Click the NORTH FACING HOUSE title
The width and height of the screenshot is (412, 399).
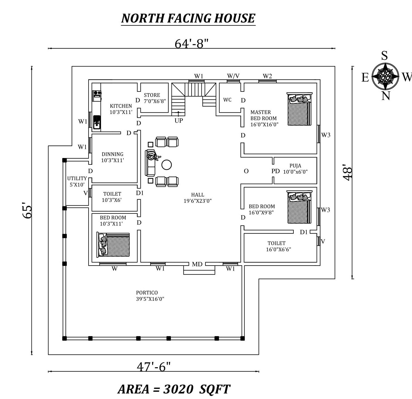(188, 18)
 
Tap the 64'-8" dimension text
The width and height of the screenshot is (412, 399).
(192, 44)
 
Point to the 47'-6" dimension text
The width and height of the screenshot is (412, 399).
(154, 367)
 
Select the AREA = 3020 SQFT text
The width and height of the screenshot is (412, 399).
(174, 389)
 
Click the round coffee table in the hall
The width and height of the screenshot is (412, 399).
(166, 165)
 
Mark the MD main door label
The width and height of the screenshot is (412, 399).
(197, 264)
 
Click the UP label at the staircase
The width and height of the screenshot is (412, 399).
(179, 121)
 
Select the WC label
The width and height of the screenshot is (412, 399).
(227, 100)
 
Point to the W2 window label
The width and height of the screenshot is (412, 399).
(267, 76)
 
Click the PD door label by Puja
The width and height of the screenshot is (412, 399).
(275, 171)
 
